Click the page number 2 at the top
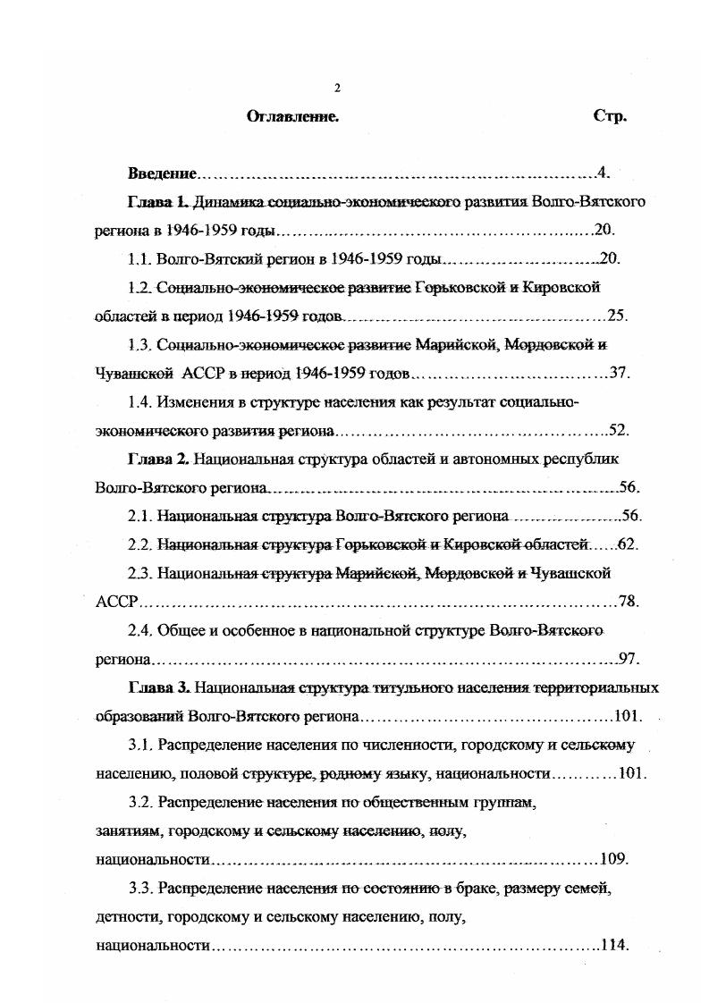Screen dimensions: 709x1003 (x=337, y=88)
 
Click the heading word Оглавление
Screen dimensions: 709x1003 (x=292, y=117)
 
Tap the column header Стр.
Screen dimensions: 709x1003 (x=610, y=117)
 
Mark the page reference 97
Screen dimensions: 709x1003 (x=626, y=660)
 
